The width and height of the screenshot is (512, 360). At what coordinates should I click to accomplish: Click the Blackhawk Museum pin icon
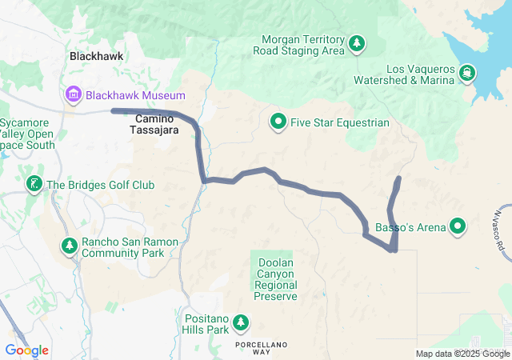tap(74, 96)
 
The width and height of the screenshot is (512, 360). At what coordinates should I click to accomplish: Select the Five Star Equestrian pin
tap(278, 122)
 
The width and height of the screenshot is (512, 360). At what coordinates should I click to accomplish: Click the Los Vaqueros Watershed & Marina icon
tap(466, 74)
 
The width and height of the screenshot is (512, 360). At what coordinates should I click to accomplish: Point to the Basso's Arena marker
tap(458, 228)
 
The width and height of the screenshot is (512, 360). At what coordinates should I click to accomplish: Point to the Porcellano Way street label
tap(261, 346)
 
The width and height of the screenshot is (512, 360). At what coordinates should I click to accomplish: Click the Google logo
tap(26, 350)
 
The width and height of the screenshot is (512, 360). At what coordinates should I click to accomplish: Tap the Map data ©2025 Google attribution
tap(462, 354)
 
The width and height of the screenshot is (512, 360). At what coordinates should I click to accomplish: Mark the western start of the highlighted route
tap(113, 110)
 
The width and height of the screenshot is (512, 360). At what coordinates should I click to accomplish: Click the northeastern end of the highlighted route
tap(399, 177)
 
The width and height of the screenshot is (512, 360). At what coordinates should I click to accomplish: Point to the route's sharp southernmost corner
tap(394, 250)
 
